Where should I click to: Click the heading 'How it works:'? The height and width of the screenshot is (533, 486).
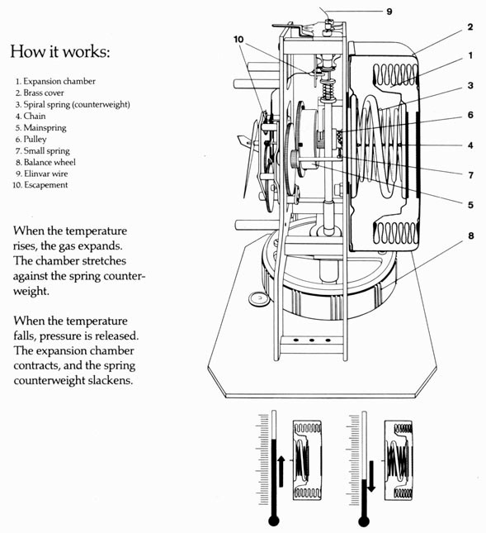pos(60,52)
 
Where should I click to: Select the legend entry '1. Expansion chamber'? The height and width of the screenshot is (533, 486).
pos(55,81)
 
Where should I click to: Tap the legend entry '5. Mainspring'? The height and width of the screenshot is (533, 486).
pos(40,128)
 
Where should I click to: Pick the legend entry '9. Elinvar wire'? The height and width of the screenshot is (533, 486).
pos(42,174)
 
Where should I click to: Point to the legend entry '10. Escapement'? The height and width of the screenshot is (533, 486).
pos(40,185)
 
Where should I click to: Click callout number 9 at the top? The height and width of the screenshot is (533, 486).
pos(389,12)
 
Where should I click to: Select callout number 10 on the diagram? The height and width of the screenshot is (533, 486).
pos(238,40)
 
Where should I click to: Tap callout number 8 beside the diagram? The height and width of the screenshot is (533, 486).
pos(470,236)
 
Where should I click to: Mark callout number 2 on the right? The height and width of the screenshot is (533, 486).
pos(470,26)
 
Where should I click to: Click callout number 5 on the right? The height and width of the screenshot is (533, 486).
pos(470,205)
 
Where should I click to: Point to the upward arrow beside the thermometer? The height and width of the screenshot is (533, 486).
pos(281,472)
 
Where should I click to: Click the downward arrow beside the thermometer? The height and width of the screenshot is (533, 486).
pos(371,476)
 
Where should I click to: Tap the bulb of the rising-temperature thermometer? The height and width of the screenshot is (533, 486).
pos(274,521)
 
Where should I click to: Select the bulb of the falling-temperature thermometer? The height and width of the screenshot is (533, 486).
pos(364,521)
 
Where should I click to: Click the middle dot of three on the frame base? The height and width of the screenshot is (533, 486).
pos(312,340)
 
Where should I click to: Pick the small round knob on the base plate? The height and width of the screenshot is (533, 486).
pos(259,299)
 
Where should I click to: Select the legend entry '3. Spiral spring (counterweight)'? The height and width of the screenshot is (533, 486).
pos(73,104)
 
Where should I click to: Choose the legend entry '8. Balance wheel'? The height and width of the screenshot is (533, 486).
pos(45,162)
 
